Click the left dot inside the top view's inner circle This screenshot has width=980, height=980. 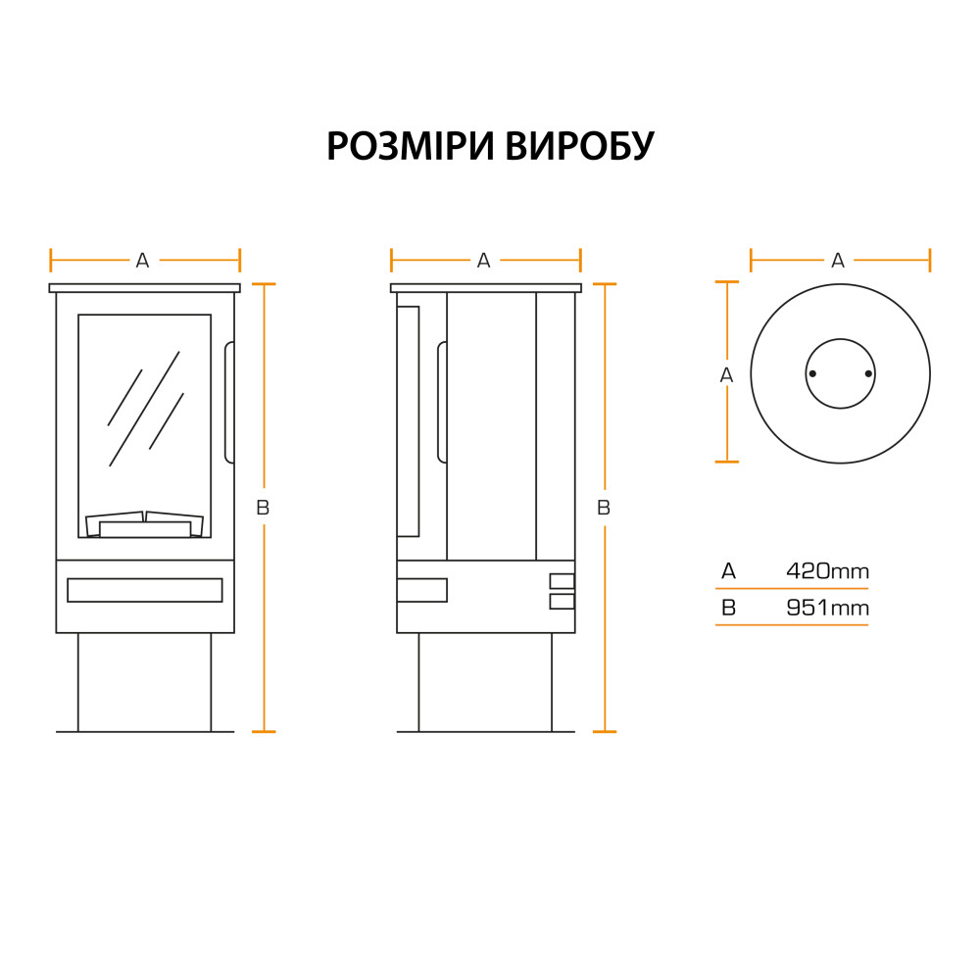[x=812, y=373]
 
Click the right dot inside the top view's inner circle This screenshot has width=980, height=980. [x=868, y=373]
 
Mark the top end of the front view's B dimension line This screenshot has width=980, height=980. [x=264, y=284]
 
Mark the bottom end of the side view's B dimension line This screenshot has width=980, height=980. [x=605, y=731]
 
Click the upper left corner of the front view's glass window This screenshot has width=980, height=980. [x=78, y=315]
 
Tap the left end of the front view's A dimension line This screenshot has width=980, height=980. [x=51, y=260]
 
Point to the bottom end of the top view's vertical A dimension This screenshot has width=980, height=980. [x=727, y=462]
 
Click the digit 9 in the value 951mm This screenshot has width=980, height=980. [x=793, y=608]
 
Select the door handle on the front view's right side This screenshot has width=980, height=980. [x=229, y=403]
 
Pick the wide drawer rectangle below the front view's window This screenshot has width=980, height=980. [x=145, y=590]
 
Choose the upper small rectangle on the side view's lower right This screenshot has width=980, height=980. [x=562, y=581]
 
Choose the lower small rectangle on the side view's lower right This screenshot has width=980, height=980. [x=562, y=602]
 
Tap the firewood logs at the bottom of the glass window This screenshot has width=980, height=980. [x=144, y=524]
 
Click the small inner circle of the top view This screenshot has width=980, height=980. [x=841, y=373]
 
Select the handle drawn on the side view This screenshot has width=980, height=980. [x=442, y=403]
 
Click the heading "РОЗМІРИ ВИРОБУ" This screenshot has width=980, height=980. [x=490, y=146]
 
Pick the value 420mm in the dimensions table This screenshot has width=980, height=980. [x=827, y=571]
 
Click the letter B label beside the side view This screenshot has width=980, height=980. [x=604, y=508]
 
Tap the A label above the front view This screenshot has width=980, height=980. [x=142, y=261]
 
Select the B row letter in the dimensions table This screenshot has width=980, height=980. [x=729, y=608]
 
